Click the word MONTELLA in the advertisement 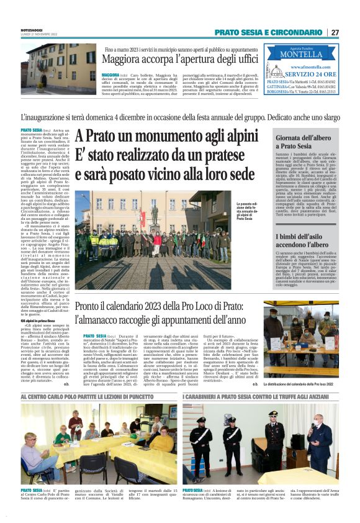[301, 55]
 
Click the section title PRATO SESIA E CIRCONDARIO [268, 32]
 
